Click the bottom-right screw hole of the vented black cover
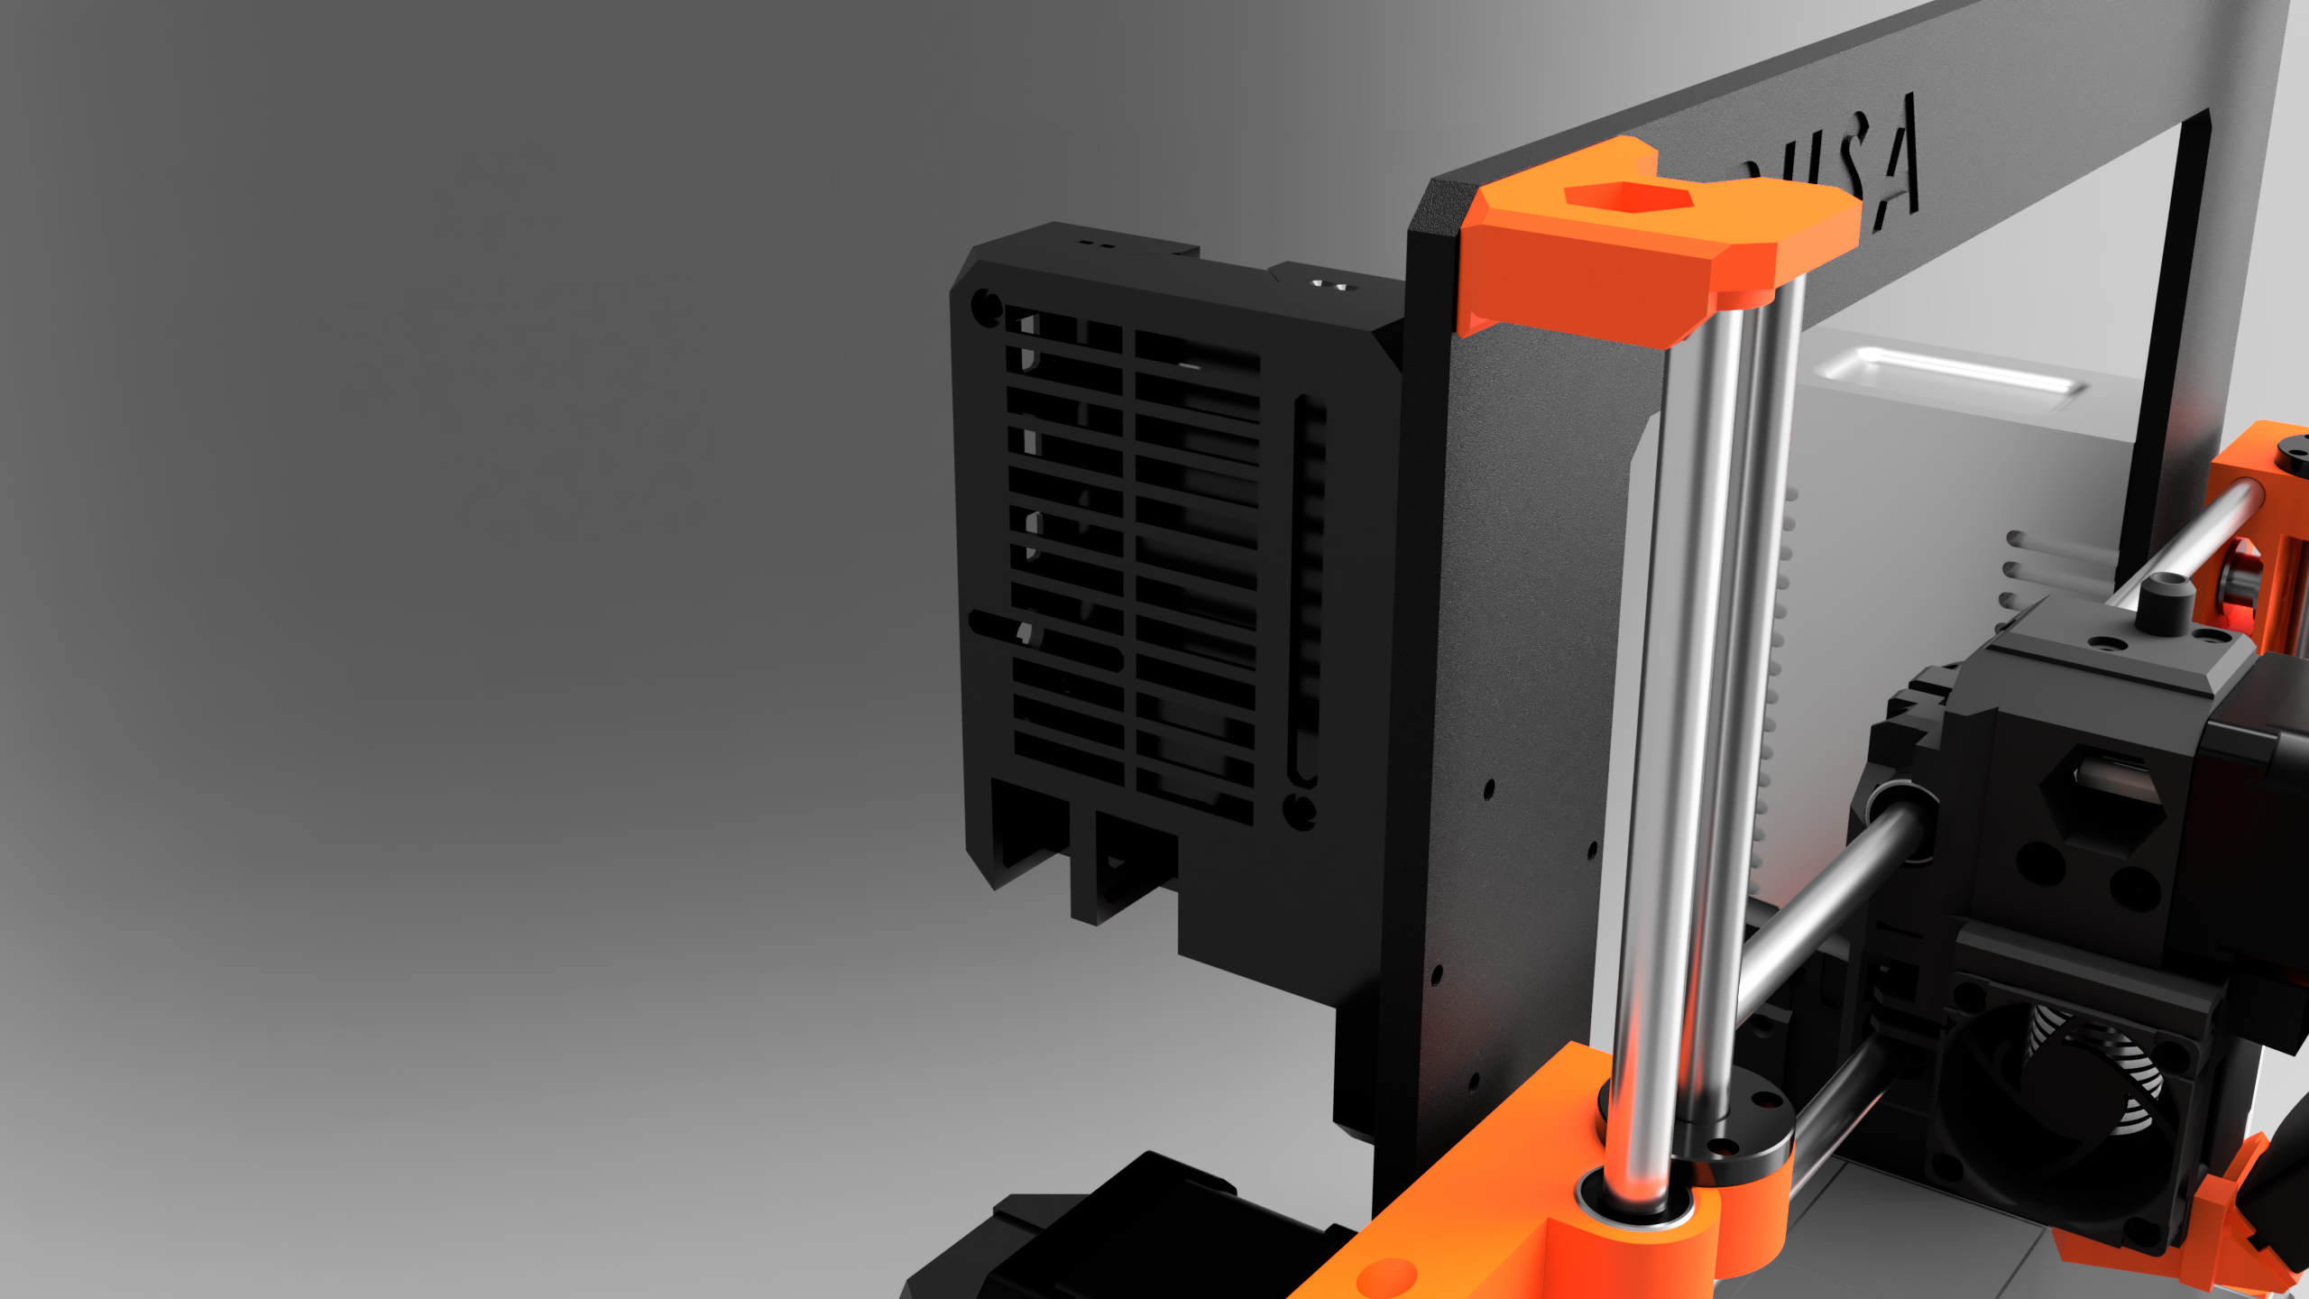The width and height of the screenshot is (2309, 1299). tap(1299, 810)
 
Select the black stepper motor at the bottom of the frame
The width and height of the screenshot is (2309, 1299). tap(1127, 1236)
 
